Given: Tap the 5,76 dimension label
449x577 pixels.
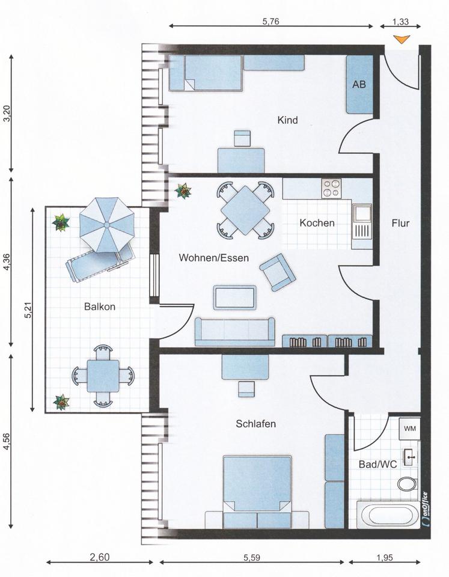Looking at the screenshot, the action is [271, 22].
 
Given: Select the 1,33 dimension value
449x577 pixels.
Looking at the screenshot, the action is [400, 22].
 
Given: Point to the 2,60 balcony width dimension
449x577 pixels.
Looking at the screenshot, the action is [100, 557].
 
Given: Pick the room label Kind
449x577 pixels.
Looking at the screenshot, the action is [287, 120].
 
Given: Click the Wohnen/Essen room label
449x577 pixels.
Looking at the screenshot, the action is [214, 258].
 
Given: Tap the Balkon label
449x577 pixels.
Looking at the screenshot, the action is [100, 307].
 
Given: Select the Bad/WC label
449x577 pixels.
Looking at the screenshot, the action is [378, 465].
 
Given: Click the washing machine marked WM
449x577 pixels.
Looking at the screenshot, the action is [409, 429].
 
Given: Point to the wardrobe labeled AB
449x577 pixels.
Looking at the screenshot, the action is [359, 84].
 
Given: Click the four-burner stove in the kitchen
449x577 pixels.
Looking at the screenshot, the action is [331, 188].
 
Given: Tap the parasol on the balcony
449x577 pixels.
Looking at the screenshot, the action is [107, 225].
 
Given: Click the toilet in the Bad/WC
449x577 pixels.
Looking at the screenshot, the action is [408, 484].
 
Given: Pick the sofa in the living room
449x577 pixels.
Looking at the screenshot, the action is [235, 332].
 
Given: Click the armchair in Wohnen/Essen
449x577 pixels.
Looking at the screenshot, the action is [278, 272].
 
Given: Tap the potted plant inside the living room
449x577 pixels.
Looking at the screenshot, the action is [183, 191].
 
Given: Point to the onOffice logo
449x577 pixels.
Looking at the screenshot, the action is [425, 508].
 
